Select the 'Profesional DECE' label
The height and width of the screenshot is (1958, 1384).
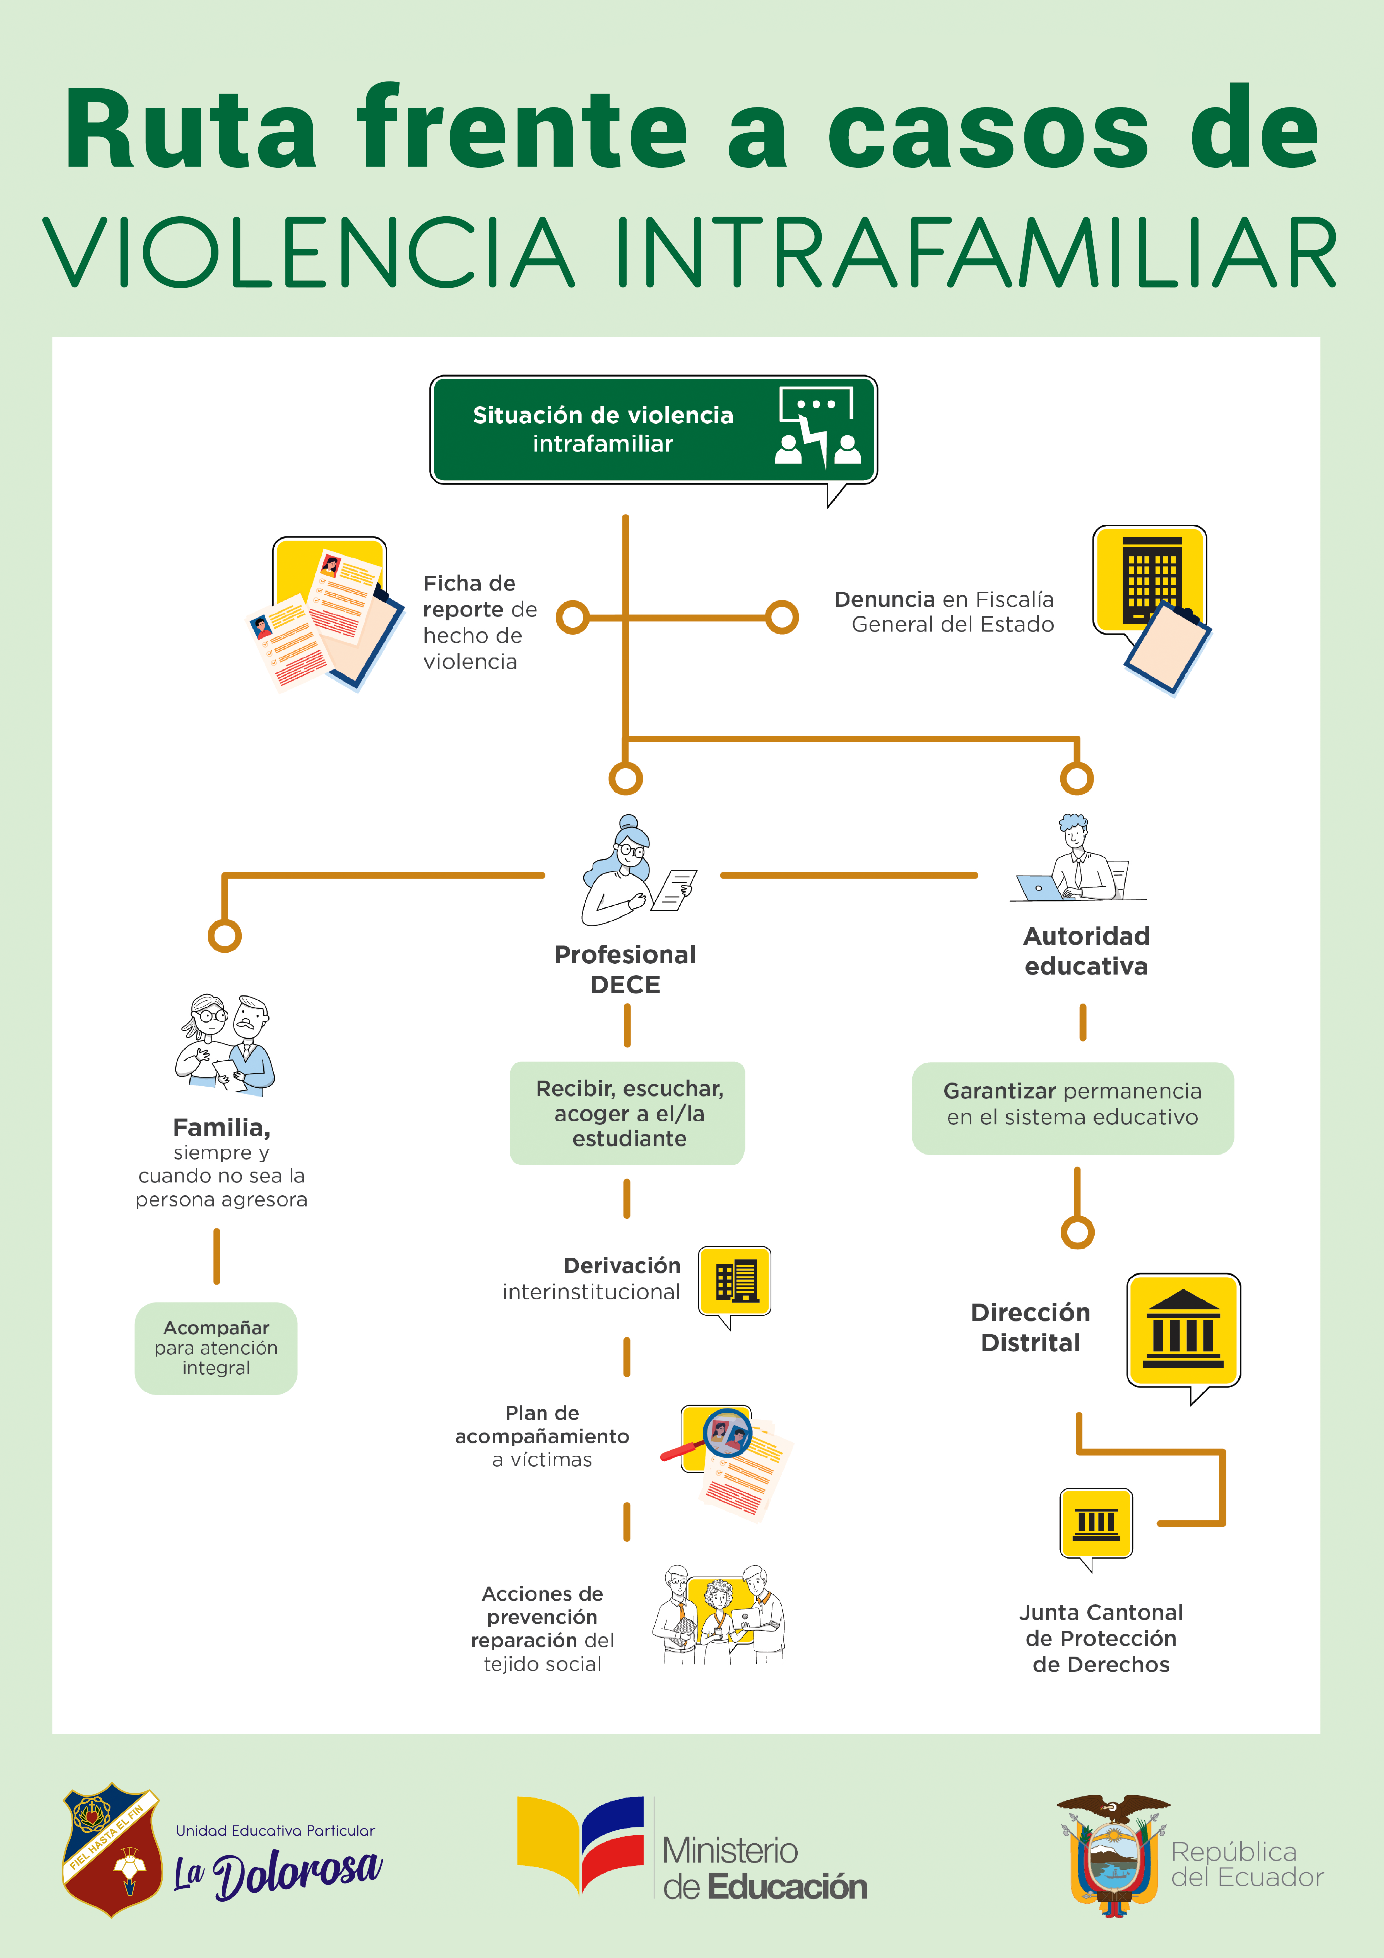coord(625,970)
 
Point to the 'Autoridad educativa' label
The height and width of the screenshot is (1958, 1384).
coord(1086,951)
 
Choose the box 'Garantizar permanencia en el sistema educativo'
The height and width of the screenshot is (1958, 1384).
coord(1073,1108)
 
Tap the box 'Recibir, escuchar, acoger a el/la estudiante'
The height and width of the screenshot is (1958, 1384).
coord(628,1113)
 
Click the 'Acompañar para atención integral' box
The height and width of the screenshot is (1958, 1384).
coord(216,1347)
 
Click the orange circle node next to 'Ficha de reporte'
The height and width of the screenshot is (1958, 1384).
coord(573,617)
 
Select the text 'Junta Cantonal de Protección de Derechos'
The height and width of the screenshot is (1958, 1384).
coord(1101,1638)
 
